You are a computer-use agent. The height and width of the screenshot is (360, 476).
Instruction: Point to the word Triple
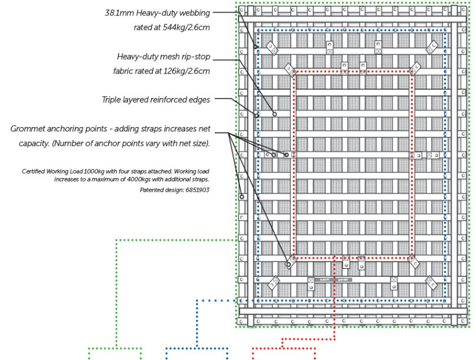click(113, 100)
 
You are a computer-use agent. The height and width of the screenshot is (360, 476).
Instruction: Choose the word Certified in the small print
click(35, 171)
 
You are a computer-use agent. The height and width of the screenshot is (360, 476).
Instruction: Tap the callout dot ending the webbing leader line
click(256, 46)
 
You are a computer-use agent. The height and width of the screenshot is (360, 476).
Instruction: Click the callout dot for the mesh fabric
click(275, 114)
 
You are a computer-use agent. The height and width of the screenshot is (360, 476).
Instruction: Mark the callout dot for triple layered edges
click(257, 115)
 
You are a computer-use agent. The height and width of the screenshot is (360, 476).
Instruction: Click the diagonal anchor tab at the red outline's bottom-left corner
click(292, 261)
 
